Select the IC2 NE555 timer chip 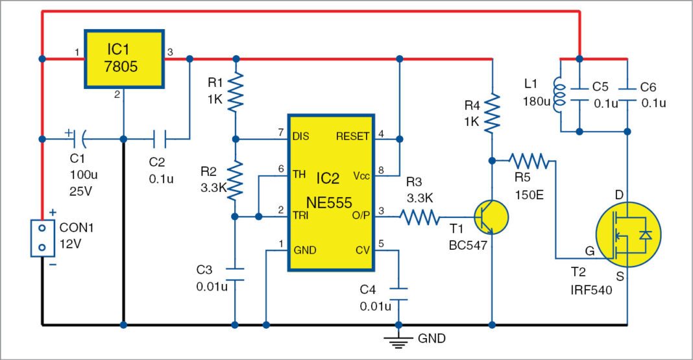click(x=331, y=192)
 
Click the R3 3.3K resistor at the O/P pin click(x=422, y=217)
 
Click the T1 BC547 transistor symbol click(x=491, y=217)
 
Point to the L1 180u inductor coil click(x=557, y=96)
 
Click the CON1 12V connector click(x=42, y=237)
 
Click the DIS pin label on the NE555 click(x=302, y=137)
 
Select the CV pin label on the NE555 click(x=361, y=249)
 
